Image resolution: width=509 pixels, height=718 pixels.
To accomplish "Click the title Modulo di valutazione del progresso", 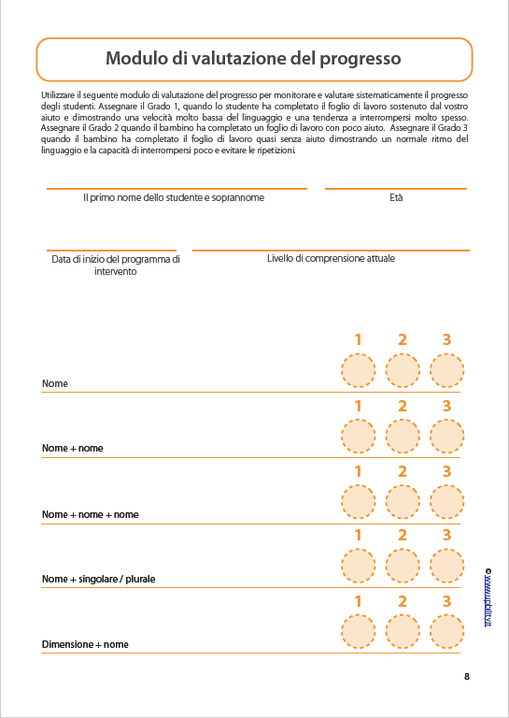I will coord(253,59).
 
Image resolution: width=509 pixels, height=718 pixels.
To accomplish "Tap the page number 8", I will coord(466,677).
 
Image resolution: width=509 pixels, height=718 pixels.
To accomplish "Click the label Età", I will coord(396,198).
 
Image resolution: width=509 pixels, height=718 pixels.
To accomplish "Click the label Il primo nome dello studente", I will coord(174,198).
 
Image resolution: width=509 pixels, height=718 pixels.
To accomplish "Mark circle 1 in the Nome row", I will coord(357,370).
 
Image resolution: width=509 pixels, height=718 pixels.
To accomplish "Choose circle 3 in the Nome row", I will coord(446,370).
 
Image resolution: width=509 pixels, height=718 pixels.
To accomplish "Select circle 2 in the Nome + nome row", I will coord(402,436).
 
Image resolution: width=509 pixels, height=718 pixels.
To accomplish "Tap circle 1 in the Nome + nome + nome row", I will coord(357,501).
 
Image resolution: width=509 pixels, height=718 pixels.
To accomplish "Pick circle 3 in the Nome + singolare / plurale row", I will coord(446,566).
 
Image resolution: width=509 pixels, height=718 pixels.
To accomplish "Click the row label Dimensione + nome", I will coord(85,645).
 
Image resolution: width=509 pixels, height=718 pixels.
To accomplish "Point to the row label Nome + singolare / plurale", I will coord(98,580).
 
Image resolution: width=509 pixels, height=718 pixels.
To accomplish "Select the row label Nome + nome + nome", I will coord(90,515).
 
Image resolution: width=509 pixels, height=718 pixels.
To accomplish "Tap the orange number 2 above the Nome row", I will coord(402,339).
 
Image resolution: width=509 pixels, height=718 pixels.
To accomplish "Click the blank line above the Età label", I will coord(396,188).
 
